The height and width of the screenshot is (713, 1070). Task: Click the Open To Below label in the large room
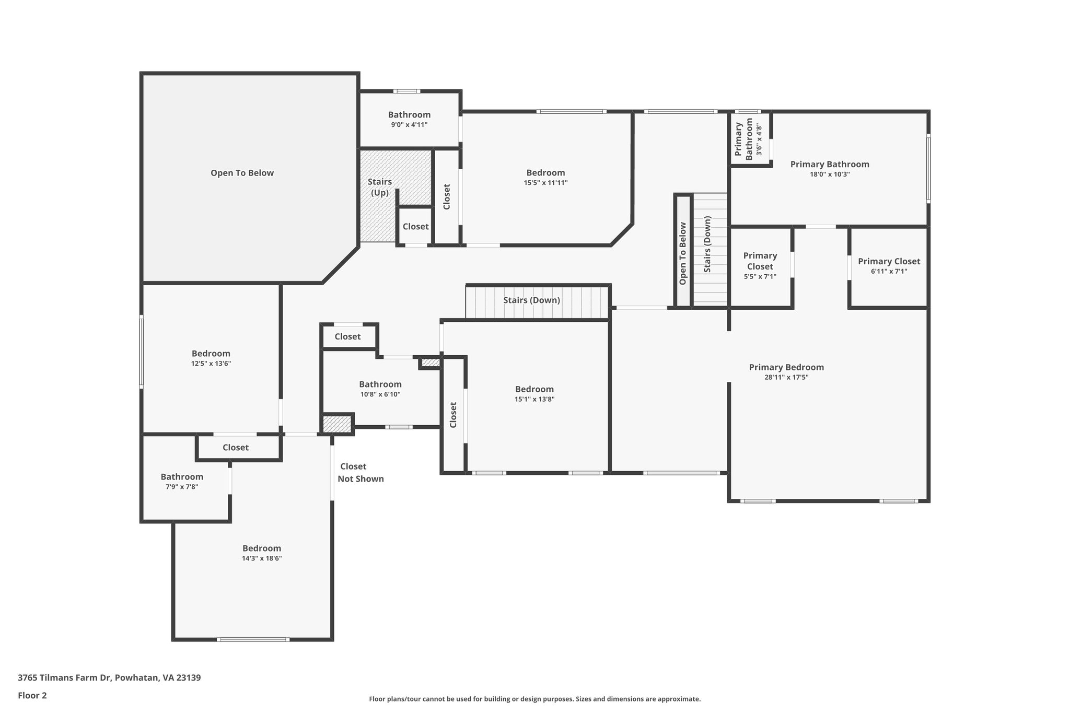(242, 173)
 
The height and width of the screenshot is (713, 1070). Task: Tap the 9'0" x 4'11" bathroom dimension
(409, 125)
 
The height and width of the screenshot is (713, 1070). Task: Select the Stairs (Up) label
(380, 187)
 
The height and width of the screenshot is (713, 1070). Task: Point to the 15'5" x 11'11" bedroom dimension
(545, 183)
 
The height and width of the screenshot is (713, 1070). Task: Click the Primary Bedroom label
(786, 367)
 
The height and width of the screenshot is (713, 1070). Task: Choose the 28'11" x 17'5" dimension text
(786, 377)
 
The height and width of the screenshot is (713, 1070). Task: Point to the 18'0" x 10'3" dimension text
(830, 174)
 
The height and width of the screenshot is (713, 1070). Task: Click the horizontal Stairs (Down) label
(531, 300)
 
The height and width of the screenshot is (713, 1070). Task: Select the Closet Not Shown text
(360, 473)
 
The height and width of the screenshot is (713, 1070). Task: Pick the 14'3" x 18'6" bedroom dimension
(262, 558)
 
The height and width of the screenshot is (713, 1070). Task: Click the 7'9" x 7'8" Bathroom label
(182, 477)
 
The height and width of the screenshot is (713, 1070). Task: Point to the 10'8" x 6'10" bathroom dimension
(380, 394)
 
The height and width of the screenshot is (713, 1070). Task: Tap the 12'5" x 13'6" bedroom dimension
(211, 364)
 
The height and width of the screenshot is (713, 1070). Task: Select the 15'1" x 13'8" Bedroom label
(534, 389)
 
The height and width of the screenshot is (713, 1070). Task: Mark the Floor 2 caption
(32, 696)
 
